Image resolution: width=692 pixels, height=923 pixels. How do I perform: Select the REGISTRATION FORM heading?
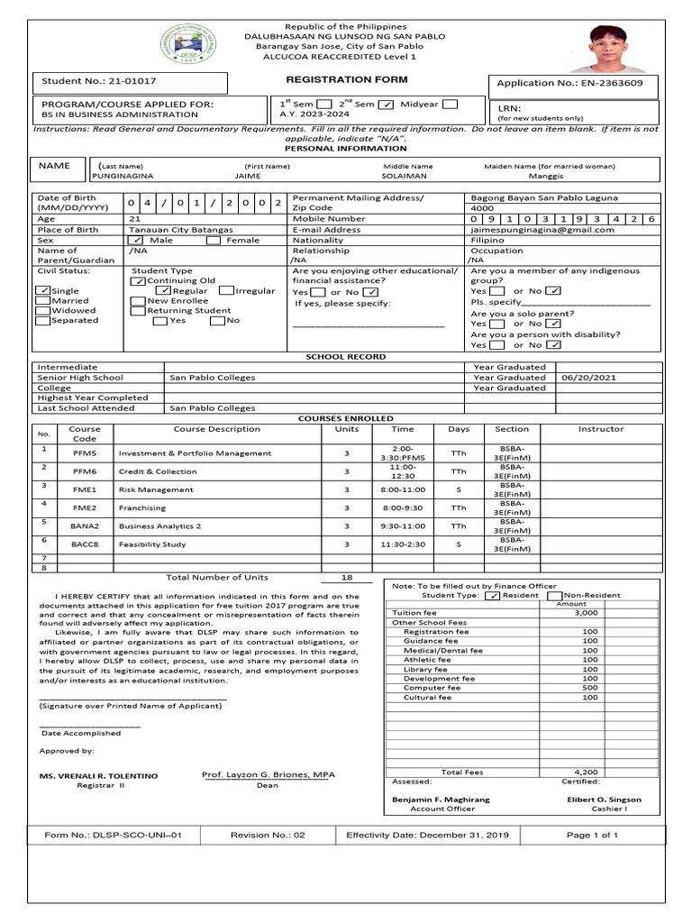pos(335,80)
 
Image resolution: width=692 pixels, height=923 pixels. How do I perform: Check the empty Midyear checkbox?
pos(450,104)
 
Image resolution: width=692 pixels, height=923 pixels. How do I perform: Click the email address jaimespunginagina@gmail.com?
pos(542,230)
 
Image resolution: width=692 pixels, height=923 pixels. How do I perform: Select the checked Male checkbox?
pos(136,241)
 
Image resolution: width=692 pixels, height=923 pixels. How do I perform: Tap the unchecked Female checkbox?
pos(213,241)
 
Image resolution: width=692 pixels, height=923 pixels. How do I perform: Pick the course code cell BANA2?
pos(85,526)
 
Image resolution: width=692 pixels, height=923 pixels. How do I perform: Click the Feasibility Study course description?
pos(152,545)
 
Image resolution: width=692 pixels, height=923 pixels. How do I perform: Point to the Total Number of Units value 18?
pos(347,578)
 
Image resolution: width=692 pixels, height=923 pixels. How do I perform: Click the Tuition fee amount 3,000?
pos(586,613)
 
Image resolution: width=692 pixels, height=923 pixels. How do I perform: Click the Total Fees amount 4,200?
pos(586,772)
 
